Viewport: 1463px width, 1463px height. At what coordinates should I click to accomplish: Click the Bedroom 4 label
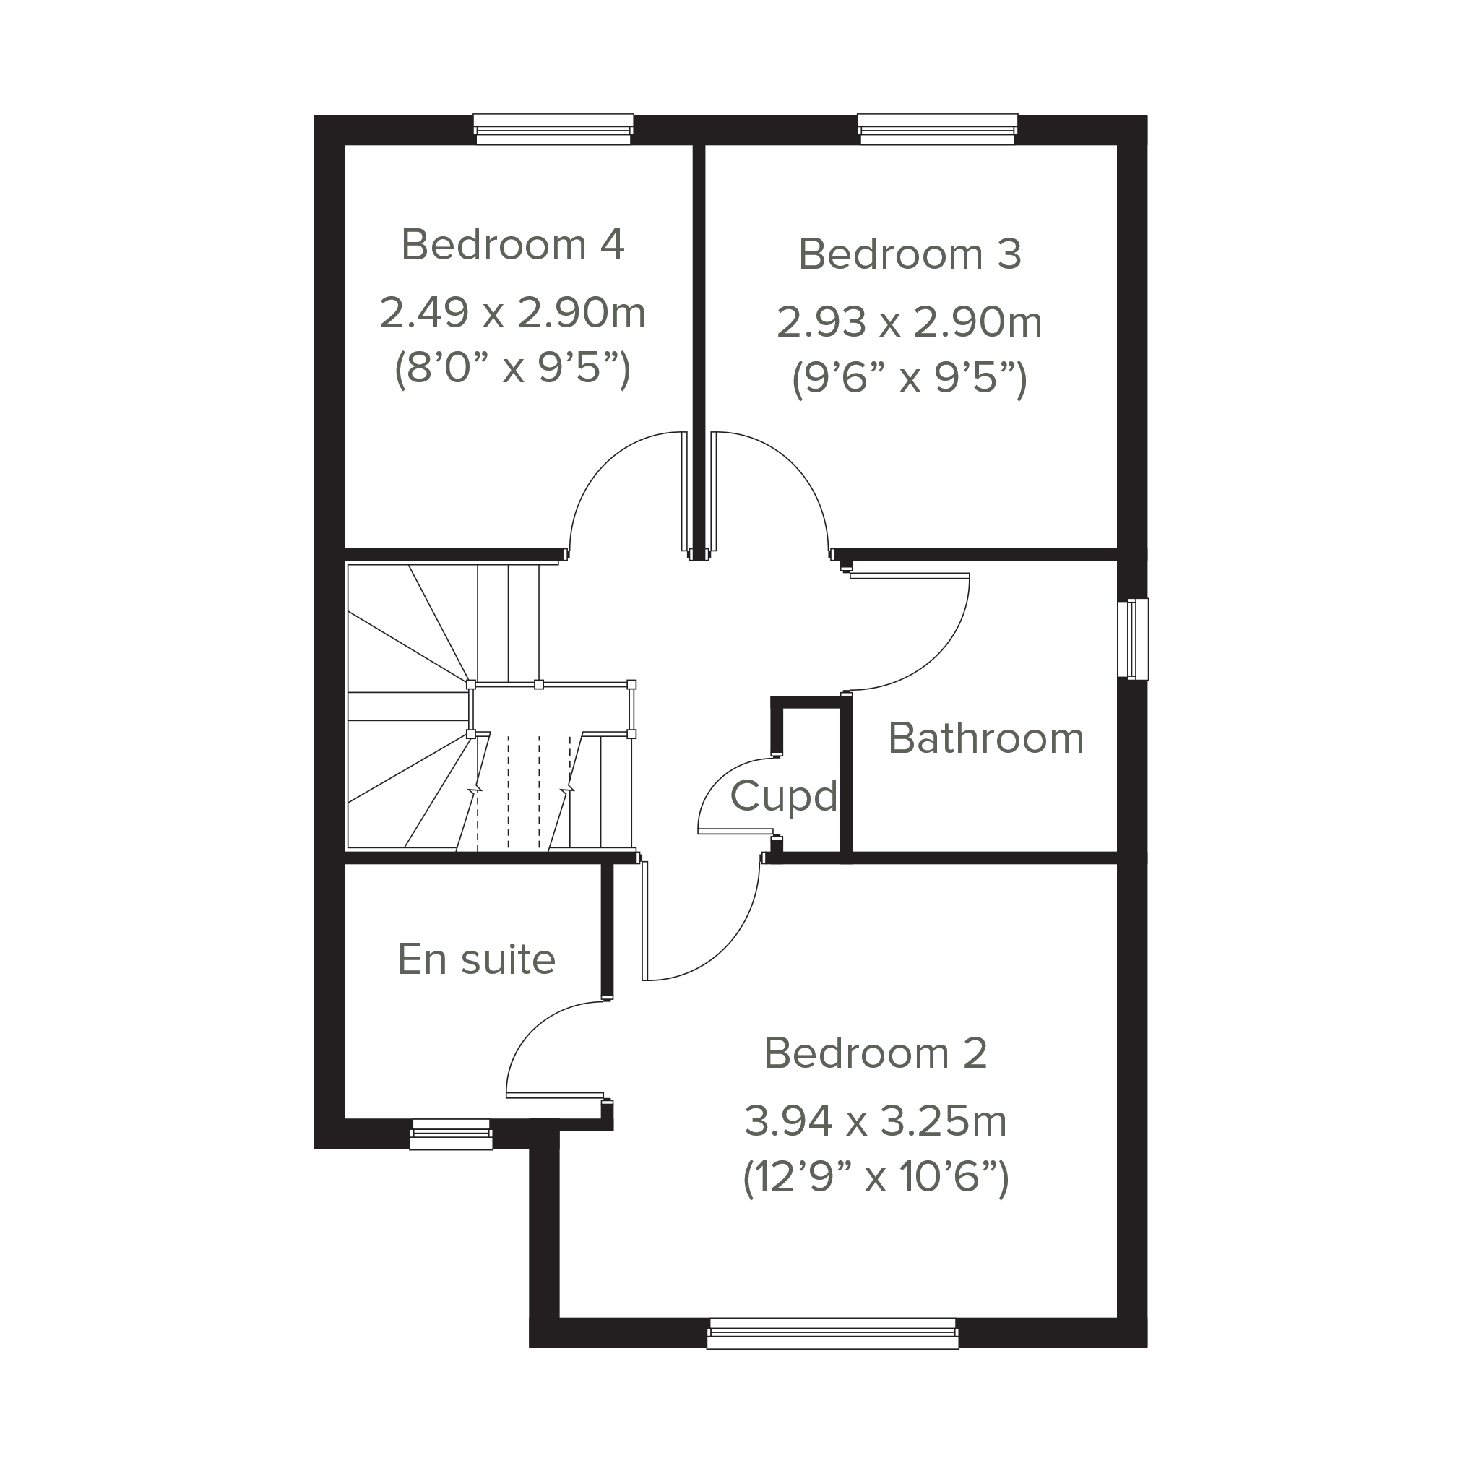coord(513,245)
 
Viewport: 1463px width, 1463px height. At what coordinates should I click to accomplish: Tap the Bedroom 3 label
coord(910,254)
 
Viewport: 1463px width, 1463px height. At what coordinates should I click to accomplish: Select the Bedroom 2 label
coord(876,1053)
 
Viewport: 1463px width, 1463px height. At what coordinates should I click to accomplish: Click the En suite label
coord(477,959)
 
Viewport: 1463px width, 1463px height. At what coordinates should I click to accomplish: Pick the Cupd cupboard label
coord(784,795)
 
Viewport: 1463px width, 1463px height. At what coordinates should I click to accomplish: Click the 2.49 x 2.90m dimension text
coord(512,313)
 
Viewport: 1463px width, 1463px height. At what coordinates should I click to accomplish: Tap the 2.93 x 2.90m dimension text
coord(910,321)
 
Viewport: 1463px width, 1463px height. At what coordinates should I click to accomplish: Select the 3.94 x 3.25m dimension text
coord(876,1121)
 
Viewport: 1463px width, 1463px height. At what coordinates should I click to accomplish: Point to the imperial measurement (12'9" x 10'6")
coord(876,1178)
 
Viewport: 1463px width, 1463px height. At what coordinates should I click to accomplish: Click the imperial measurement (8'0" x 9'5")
coord(513,369)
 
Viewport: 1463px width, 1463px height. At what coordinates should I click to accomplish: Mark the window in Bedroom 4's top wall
coord(553,129)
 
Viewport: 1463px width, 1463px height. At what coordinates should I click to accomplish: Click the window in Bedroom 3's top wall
coord(938,129)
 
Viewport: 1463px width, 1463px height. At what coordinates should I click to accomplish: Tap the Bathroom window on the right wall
coord(1133,639)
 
